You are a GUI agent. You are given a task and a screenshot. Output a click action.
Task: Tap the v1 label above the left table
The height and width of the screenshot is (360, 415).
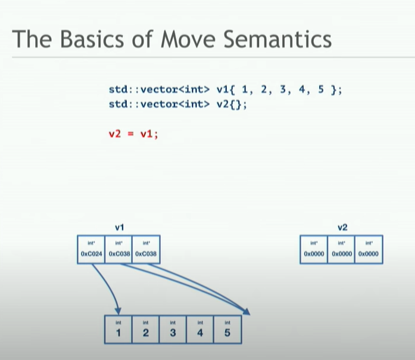tap(119, 227)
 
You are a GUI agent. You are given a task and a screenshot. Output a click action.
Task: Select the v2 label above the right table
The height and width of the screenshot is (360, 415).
tap(342, 227)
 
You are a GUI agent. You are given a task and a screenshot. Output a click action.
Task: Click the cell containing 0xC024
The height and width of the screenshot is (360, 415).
tap(91, 253)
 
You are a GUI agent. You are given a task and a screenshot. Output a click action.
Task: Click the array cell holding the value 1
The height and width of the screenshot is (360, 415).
tap(118, 330)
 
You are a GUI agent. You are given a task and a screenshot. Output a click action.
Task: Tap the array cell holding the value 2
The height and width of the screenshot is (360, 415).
tap(145, 330)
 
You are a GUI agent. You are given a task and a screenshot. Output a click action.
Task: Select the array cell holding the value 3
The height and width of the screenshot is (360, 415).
tap(173, 330)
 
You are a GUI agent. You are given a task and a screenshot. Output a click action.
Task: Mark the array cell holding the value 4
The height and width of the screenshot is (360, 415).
tap(200, 330)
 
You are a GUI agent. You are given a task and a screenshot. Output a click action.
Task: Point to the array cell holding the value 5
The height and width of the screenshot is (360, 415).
tap(227, 330)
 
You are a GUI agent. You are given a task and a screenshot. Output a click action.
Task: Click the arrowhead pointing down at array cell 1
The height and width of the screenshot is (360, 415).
tap(118, 311)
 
